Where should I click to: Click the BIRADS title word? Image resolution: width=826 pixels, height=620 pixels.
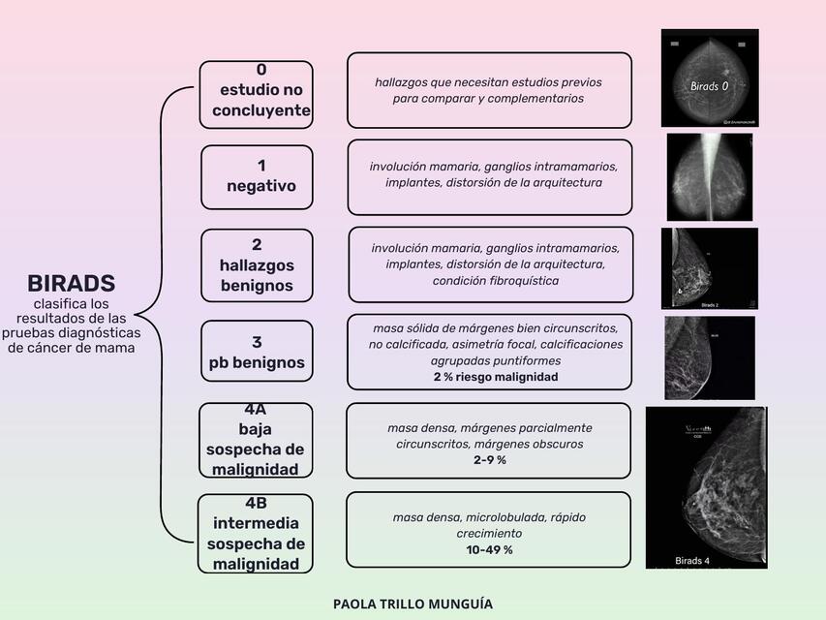coord(71,284)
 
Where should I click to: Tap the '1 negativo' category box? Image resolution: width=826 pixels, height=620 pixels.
coord(257,176)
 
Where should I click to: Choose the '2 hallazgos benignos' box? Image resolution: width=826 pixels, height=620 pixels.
coord(257,264)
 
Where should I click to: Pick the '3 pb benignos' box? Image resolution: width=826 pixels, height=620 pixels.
coord(257,352)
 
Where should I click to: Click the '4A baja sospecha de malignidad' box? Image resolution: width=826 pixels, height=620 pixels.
coord(256,440)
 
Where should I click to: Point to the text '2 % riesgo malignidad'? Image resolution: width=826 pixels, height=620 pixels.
coord(496,377)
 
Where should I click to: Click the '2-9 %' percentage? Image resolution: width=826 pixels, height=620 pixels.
coord(489,460)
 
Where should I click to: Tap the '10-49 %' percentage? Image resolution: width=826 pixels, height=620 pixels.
coord(489,549)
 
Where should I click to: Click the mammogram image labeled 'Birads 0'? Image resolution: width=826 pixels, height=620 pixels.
coord(710,77)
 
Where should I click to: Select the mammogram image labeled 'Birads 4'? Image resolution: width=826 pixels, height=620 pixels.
coord(706,487)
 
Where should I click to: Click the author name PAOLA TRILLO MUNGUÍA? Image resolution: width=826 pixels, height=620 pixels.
coord(413,604)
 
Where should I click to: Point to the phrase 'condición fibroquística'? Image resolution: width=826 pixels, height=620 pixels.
coord(495,281)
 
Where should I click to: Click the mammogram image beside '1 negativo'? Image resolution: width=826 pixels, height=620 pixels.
coord(710,176)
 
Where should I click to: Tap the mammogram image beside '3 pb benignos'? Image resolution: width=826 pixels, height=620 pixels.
coord(709,357)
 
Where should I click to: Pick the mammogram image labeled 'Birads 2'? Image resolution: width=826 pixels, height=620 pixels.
coord(709,268)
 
